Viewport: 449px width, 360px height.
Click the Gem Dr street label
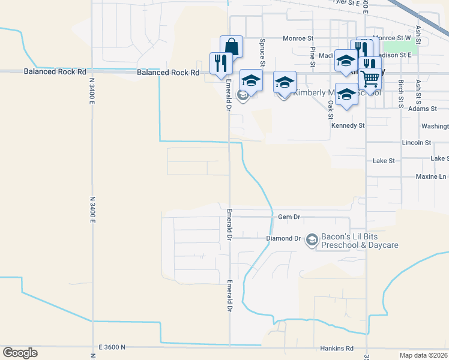coord(289,217)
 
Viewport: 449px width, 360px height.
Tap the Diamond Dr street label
coord(283,239)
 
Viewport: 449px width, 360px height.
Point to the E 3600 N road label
coord(111,347)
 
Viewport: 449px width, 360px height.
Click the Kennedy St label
coord(348,126)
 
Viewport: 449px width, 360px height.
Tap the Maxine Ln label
coord(431,177)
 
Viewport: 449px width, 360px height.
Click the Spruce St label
coord(262,52)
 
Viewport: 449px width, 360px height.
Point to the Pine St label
coord(313,55)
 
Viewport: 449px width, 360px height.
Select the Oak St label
coord(331,109)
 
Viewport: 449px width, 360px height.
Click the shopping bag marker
coord(231,46)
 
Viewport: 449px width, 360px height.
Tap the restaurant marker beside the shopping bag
coord(220,63)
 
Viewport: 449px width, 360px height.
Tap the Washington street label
coord(435,127)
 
